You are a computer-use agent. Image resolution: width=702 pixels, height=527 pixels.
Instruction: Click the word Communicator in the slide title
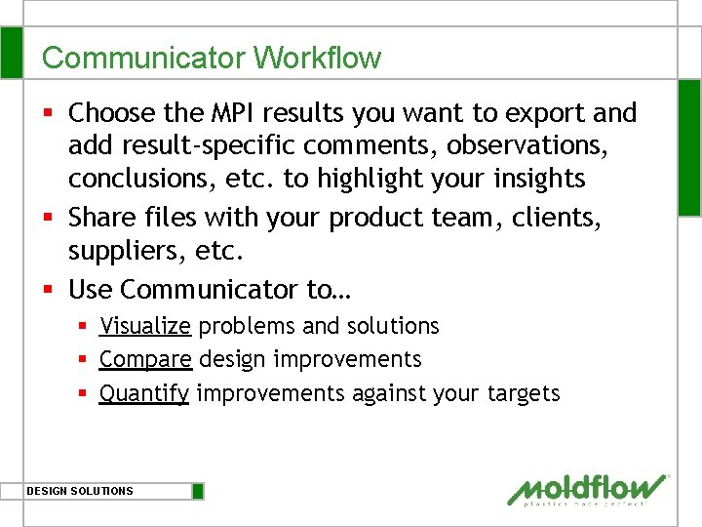tap(144, 58)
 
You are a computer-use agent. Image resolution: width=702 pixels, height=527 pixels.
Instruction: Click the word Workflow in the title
tap(317, 58)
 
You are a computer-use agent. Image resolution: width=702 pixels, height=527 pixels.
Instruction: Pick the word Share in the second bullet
tap(103, 218)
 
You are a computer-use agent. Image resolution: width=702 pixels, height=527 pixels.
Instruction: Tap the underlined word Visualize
tap(145, 326)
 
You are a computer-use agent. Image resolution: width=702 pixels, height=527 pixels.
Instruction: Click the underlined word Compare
tap(145, 359)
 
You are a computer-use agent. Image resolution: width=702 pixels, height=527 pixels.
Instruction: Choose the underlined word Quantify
tap(144, 393)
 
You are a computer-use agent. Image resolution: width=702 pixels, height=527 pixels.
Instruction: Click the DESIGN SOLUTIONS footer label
tap(80, 491)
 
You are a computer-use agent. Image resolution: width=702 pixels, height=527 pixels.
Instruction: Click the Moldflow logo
tap(588, 489)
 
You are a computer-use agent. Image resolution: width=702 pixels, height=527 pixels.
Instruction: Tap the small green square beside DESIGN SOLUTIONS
tap(198, 491)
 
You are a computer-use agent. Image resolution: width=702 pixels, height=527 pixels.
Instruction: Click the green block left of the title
tap(11, 53)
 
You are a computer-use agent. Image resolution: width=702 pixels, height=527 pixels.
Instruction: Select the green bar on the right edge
tap(689, 146)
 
